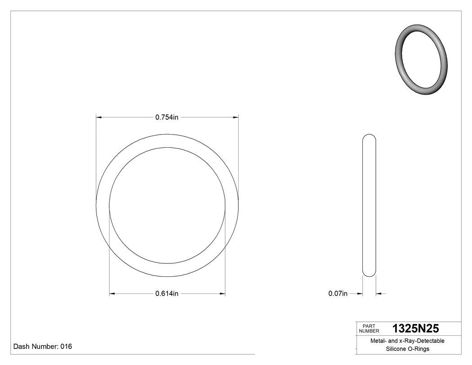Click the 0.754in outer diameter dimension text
click(167, 117)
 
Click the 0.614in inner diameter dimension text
click(167, 294)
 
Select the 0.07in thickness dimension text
click(338, 294)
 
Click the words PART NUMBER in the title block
click(368, 329)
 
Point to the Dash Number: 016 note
click(43, 347)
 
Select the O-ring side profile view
click(369, 205)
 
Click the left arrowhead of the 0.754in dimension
click(99, 117)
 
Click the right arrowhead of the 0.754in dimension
click(235, 117)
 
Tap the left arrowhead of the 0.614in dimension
click(112, 294)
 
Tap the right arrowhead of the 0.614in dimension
click(222, 294)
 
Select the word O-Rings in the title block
click(419, 349)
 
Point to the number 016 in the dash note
click(66, 347)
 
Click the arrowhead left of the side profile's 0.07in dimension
click(360, 294)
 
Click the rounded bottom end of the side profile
click(369, 274)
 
